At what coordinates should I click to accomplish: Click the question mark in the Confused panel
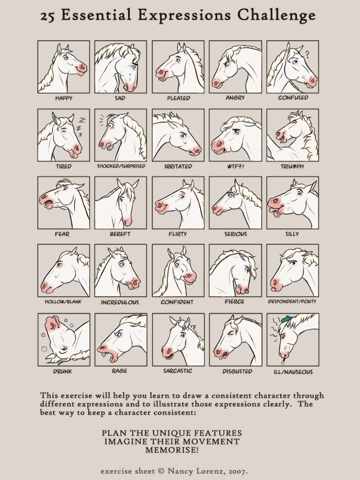(307, 54)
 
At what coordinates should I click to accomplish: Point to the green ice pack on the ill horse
(285, 319)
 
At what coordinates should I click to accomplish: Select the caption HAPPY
(64, 98)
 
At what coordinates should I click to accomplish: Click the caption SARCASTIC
(178, 371)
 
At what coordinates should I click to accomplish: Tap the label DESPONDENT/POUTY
(292, 301)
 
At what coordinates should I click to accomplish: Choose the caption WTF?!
(235, 166)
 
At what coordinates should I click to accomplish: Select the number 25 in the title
(48, 16)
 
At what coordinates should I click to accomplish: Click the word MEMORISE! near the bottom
(172, 450)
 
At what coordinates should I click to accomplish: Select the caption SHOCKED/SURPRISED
(121, 166)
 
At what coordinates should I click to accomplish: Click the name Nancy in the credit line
(179, 471)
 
